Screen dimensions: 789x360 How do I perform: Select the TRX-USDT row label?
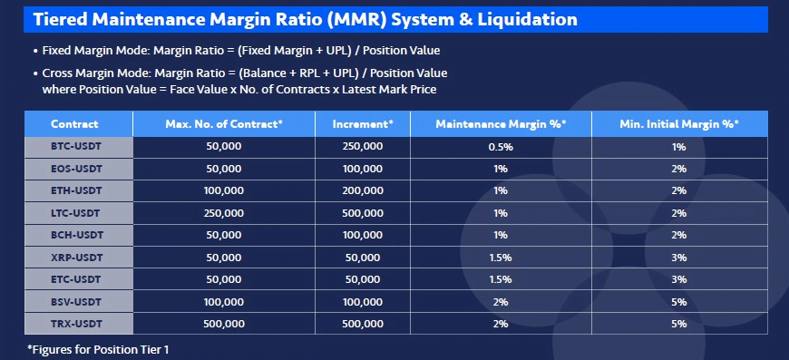coord(75,324)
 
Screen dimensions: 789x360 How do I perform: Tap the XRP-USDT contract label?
coord(76,258)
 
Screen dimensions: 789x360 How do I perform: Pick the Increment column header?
coord(363,123)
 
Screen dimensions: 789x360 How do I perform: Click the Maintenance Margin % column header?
coord(501,123)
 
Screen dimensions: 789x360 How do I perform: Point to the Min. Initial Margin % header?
coord(678,123)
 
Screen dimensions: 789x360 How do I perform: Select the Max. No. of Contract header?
coord(224,123)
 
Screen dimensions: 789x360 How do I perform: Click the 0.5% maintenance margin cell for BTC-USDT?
coord(501,147)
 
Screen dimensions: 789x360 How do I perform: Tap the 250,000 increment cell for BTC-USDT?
coord(363,147)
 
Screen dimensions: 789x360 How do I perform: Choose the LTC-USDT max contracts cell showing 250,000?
coord(224,213)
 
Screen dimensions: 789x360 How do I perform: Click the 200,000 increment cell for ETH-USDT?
coord(363,191)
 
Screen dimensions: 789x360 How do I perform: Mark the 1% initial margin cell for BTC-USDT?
coord(678,147)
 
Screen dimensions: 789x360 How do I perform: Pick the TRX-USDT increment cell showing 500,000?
coord(363,324)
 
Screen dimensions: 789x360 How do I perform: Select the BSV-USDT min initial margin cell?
coord(678,302)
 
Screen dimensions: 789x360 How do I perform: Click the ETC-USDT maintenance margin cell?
coord(501,279)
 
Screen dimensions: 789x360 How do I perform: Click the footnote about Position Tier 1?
coord(98,349)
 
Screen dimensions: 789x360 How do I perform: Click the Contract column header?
coord(74,123)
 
